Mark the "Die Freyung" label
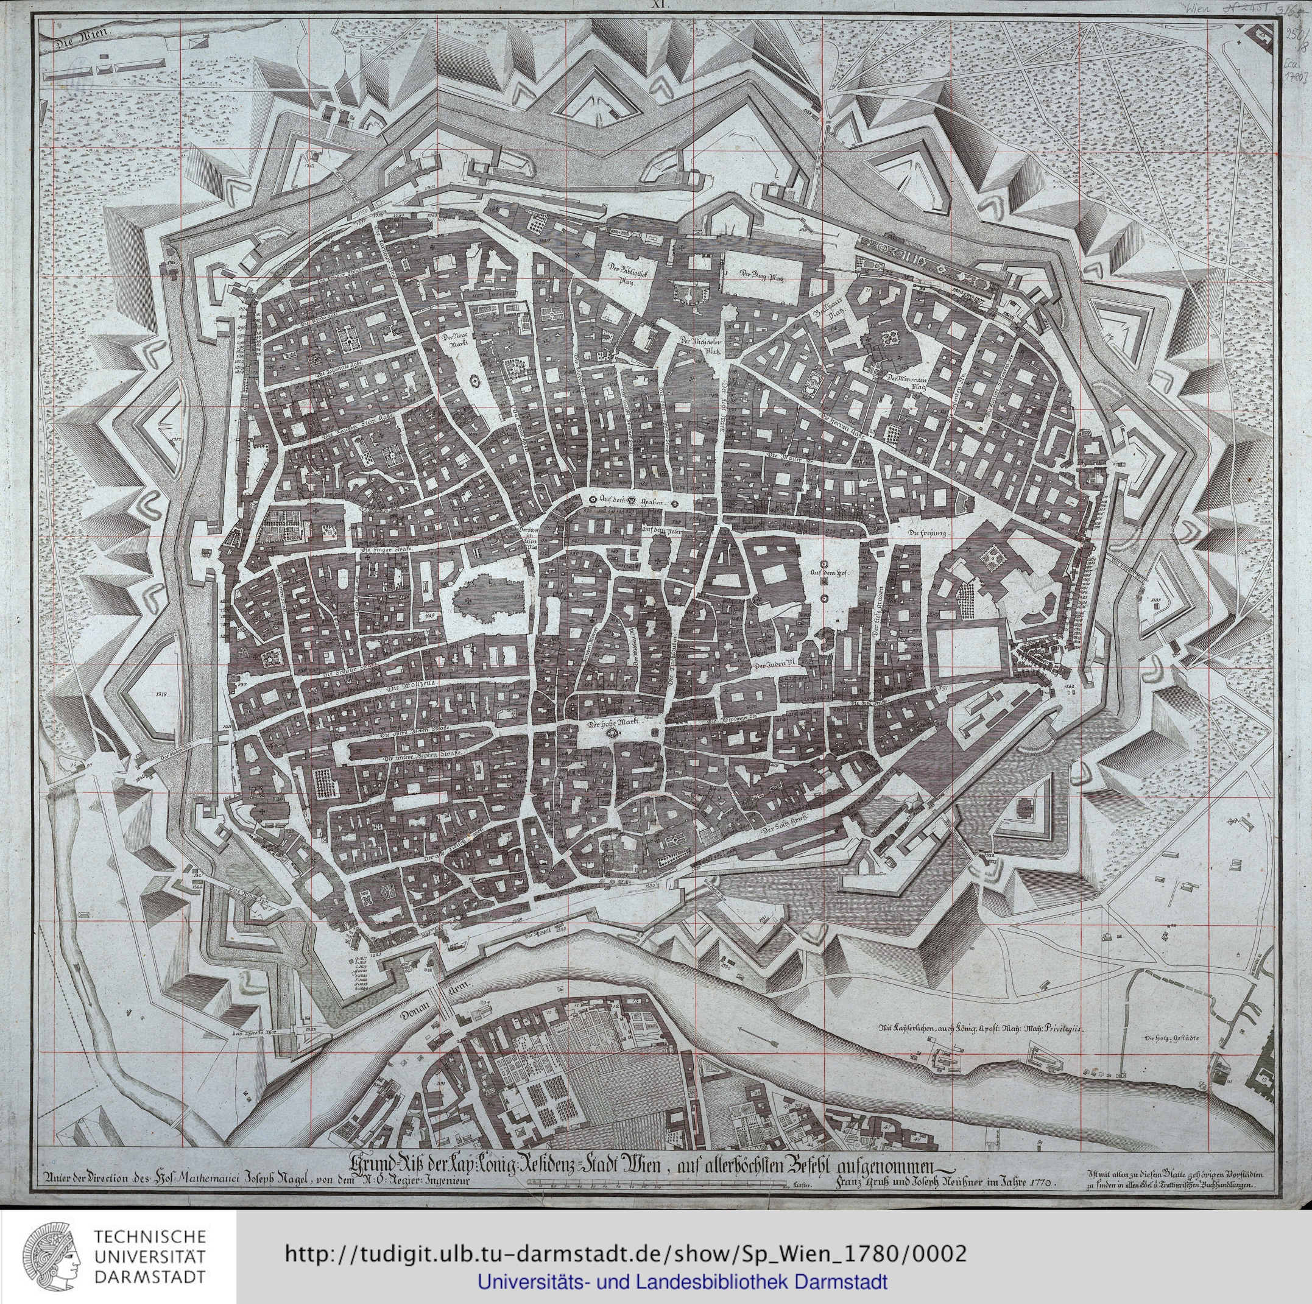tap(928, 534)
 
